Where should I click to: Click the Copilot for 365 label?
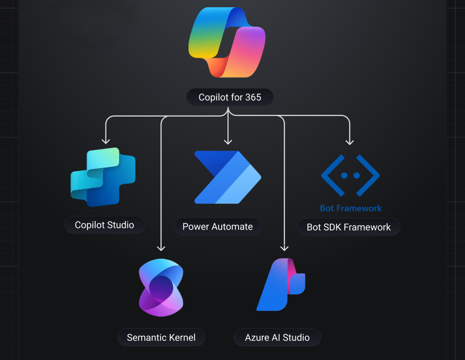(230, 98)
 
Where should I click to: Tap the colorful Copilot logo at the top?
(227, 43)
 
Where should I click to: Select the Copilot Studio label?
(105, 225)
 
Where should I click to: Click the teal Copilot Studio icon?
(103, 177)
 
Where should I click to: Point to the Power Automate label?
(217, 227)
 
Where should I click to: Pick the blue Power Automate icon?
(227, 177)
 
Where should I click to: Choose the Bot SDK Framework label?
(349, 227)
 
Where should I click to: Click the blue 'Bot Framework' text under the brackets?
(351, 209)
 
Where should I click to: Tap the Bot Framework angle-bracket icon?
(350, 175)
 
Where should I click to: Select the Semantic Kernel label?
(161, 338)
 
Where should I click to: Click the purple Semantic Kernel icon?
(161, 288)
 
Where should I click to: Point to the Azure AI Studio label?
(277, 338)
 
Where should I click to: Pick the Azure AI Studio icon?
(281, 285)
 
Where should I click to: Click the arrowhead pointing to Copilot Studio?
(105, 141)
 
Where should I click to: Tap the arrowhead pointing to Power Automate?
(228, 142)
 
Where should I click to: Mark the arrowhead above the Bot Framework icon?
(350, 142)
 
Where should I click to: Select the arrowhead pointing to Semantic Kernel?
(161, 248)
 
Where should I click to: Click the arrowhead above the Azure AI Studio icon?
(284, 248)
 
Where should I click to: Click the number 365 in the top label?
(253, 98)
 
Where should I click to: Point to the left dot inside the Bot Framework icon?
(344, 175)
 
